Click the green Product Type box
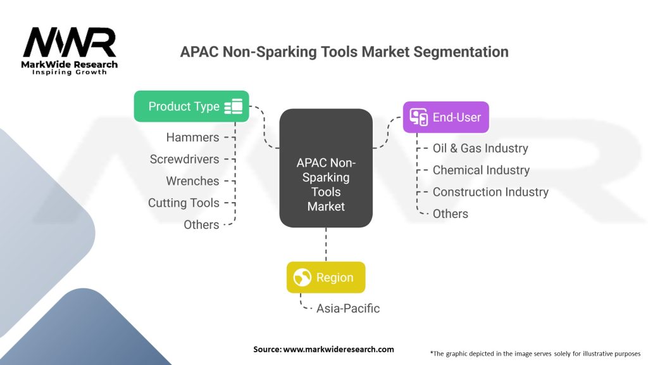191,106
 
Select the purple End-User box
446,117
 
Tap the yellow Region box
325,278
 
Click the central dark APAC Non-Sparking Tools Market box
325,167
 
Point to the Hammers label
192,138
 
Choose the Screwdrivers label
184,159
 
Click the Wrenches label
192,181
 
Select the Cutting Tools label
184,203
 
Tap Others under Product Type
201,224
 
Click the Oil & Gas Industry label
480,148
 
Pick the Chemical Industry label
481,170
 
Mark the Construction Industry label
490,192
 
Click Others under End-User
451,214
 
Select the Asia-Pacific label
348,309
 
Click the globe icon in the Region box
302,278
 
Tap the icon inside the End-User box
418,117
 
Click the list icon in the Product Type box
234,106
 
